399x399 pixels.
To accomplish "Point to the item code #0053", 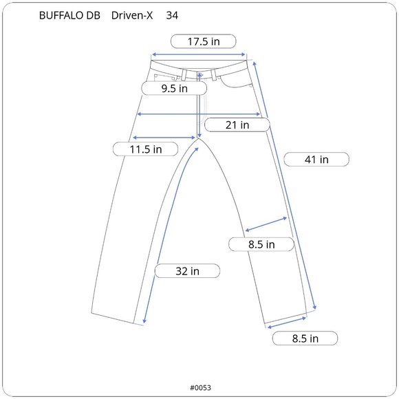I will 199,387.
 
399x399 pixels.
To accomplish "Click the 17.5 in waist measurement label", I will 204,41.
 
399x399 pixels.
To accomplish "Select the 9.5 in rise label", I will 174,89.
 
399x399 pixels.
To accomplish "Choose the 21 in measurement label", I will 237,125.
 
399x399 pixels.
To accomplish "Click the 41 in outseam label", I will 316,160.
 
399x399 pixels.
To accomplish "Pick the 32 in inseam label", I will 187,271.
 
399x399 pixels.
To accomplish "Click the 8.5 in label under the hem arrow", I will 304,338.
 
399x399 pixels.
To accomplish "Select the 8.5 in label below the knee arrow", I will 261,244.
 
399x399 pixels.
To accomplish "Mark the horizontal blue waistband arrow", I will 199,54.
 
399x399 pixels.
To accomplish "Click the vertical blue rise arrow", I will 199,103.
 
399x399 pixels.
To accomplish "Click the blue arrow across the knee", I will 266,225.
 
